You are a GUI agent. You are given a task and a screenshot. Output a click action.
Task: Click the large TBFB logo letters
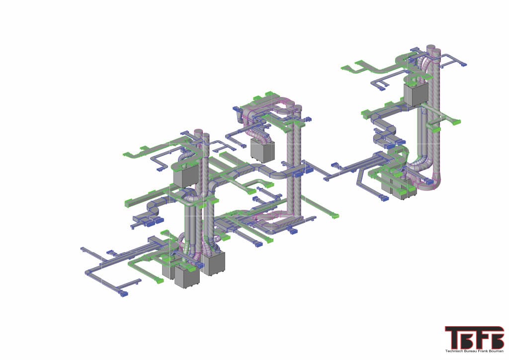coord(474,338)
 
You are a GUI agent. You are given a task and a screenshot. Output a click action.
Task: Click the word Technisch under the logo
coord(453,351)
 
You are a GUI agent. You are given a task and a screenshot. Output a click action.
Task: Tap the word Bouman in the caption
coord(498,351)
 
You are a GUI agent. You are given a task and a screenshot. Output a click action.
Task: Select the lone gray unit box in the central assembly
coord(262,151)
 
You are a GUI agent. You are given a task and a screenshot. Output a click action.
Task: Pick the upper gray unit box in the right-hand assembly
coord(416,94)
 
